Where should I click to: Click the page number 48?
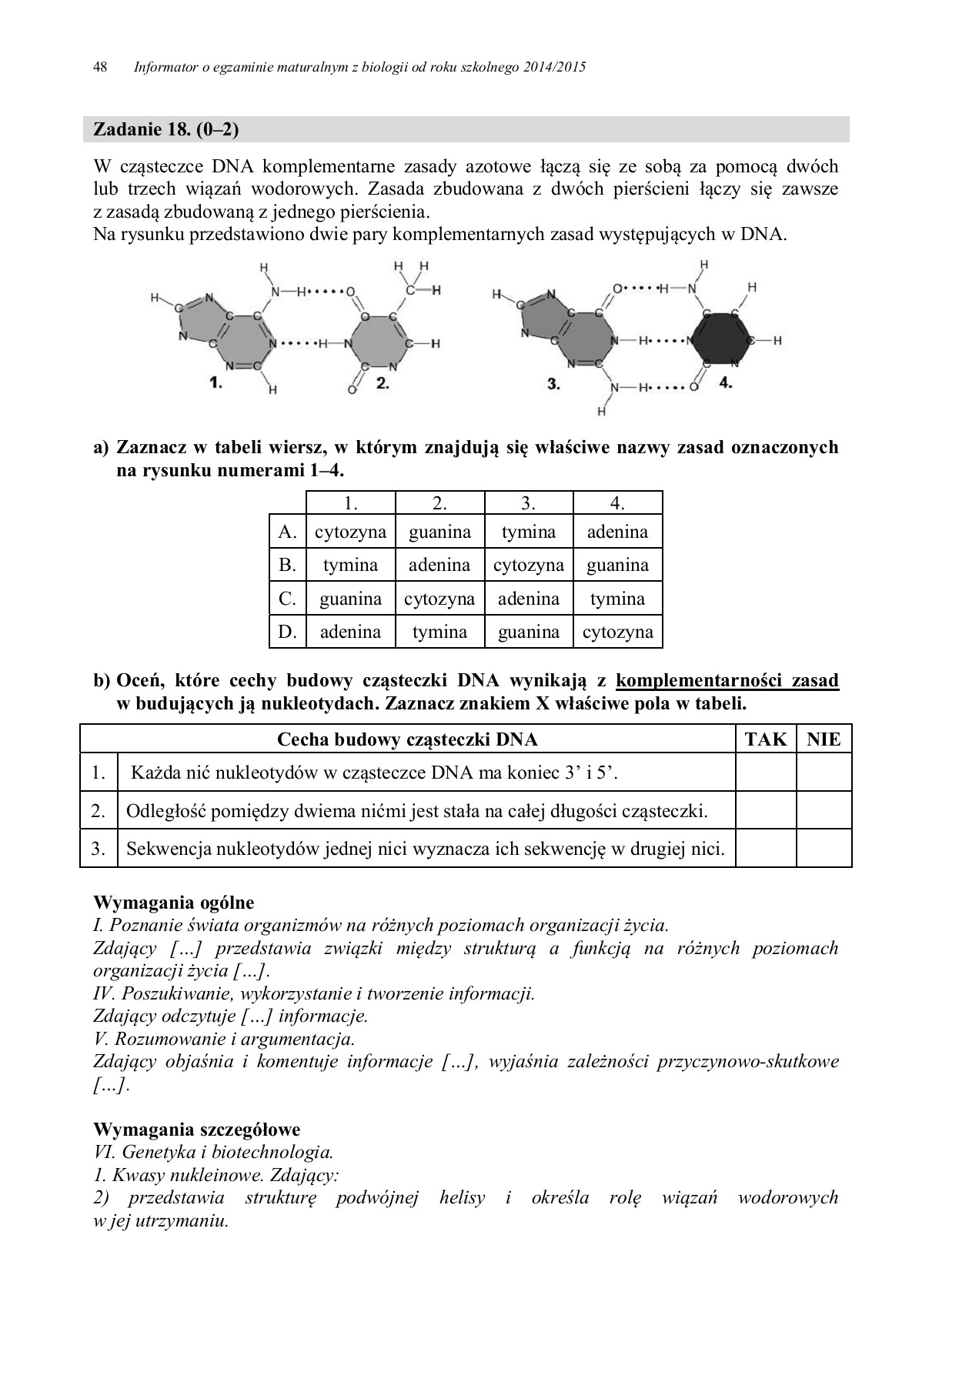[x=99, y=67]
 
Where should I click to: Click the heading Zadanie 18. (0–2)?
[x=165, y=129]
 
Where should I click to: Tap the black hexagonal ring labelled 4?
[x=720, y=340]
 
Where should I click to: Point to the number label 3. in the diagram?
[x=553, y=382]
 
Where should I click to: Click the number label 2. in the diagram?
[x=382, y=382]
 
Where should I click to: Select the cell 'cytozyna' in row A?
[x=350, y=532]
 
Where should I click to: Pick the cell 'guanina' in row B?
[x=617, y=566]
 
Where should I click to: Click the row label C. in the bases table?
[x=287, y=599]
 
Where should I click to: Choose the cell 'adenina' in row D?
[x=350, y=632]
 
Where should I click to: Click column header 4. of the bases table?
[x=617, y=503]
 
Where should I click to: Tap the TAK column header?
[x=766, y=739]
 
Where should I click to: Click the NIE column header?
[x=824, y=739]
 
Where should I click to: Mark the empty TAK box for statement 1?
[x=766, y=772]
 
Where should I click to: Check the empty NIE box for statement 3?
[x=824, y=849]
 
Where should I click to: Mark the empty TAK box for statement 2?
[x=766, y=810]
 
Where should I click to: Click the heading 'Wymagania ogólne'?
[x=173, y=903]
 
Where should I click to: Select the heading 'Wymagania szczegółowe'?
[x=196, y=1130]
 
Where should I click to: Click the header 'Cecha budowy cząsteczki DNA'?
[x=407, y=739]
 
